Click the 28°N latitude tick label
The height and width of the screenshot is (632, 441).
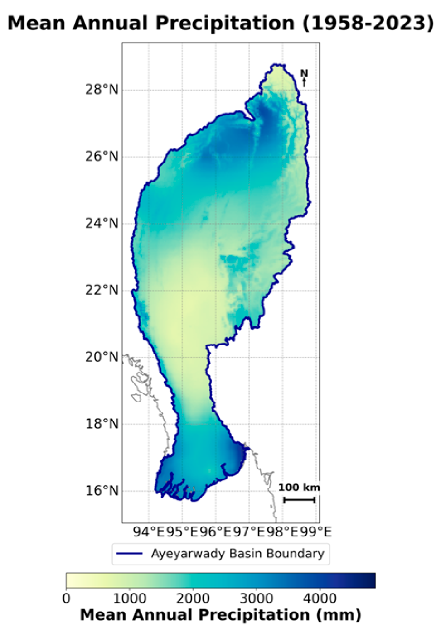pyautogui.click(x=102, y=90)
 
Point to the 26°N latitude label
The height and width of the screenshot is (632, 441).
pyautogui.click(x=102, y=157)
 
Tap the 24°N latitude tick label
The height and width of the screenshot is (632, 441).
pyautogui.click(x=102, y=223)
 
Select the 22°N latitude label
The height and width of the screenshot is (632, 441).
pyautogui.click(x=102, y=290)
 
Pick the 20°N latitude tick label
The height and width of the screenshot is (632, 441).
pyautogui.click(x=102, y=357)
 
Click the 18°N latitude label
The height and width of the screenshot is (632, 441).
pyautogui.click(x=102, y=424)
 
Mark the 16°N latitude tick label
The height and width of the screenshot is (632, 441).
pyautogui.click(x=102, y=491)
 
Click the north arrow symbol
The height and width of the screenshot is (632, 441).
pyautogui.click(x=304, y=78)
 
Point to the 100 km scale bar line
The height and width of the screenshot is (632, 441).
pyautogui.click(x=299, y=500)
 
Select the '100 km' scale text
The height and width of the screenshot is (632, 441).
pyautogui.click(x=299, y=488)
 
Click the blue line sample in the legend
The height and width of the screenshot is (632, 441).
pyautogui.click(x=129, y=554)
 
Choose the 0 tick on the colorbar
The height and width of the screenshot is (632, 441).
pyautogui.click(x=67, y=598)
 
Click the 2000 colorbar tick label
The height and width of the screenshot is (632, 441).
pyautogui.click(x=193, y=598)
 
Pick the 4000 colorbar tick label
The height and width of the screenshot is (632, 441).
pyautogui.click(x=319, y=598)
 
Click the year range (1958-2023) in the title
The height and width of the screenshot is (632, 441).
pyautogui.click(x=367, y=24)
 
